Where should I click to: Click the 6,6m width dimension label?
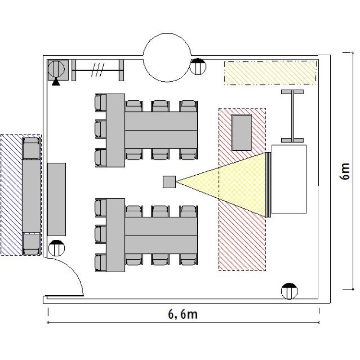[183, 314]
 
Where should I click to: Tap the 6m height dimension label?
[344, 171]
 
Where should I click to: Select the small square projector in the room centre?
[169, 182]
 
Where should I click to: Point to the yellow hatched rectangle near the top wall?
[270, 73]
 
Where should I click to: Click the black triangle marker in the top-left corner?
[56, 82]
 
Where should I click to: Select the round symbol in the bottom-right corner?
[289, 291]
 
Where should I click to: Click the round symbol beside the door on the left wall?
[57, 248]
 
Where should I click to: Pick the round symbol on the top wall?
[198, 67]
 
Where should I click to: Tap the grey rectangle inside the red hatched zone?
[242, 132]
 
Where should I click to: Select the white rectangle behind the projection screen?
[289, 180]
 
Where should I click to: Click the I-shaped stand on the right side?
[292, 116]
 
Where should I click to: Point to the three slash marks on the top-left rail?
[98, 70]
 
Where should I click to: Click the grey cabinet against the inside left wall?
[57, 199]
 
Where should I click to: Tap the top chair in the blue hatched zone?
[31, 148]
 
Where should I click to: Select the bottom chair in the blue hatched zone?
[31, 244]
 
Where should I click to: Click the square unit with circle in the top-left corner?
[58, 70]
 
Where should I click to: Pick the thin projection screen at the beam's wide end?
[269, 185]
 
